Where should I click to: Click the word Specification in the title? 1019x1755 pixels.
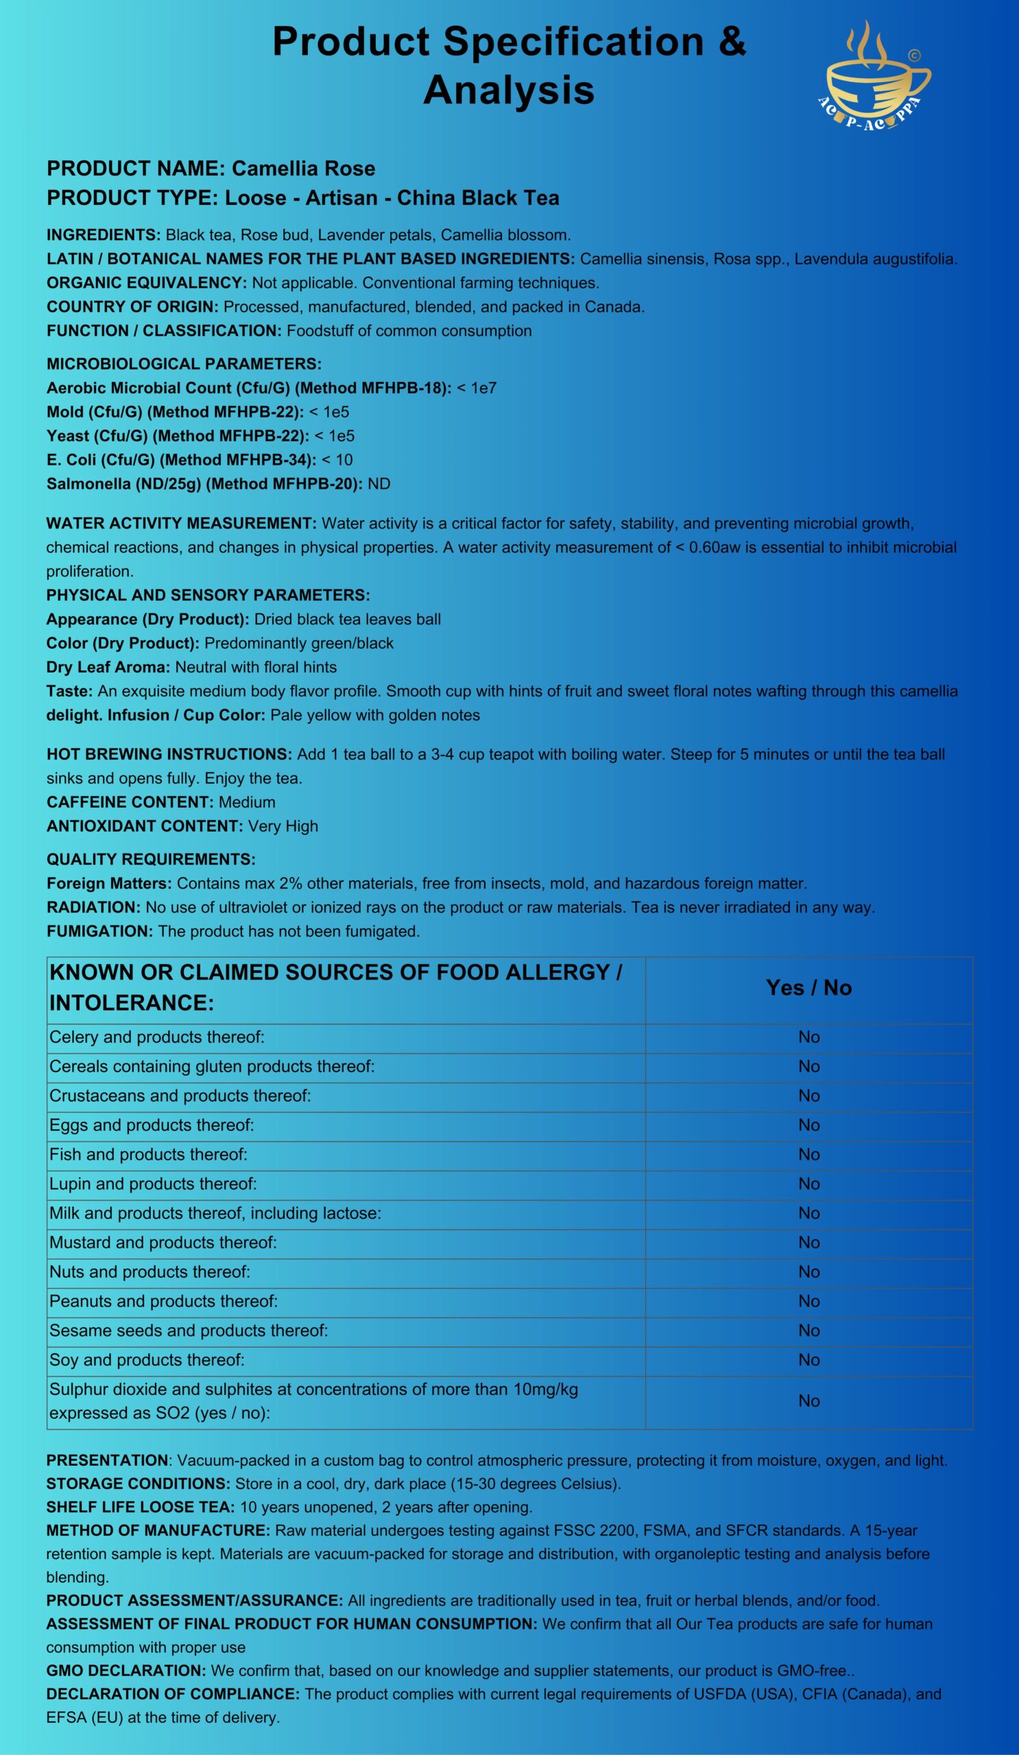click(x=573, y=42)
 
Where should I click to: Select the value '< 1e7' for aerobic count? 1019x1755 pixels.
click(x=477, y=388)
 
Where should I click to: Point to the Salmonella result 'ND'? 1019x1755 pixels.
click(x=379, y=484)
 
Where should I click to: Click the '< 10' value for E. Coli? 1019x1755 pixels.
click(x=337, y=459)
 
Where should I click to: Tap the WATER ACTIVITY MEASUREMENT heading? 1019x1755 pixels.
click(x=181, y=523)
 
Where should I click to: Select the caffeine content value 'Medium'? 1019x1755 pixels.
click(x=248, y=802)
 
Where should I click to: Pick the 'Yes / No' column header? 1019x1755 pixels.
click(x=808, y=988)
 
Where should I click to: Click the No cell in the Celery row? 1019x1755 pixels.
click(x=808, y=1037)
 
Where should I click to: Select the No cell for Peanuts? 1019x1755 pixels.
click(x=808, y=1301)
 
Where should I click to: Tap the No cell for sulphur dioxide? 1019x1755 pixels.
click(x=808, y=1401)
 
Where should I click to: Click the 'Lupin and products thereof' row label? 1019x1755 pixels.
click(x=153, y=1183)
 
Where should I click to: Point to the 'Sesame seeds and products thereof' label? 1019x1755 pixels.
click(x=189, y=1330)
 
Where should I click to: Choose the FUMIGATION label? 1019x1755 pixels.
click(x=99, y=931)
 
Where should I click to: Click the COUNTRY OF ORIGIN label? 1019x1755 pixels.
click(x=132, y=307)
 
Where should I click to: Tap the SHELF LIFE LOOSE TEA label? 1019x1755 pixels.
click(x=140, y=1507)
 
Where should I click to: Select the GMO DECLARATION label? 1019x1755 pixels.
click(x=125, y=1670)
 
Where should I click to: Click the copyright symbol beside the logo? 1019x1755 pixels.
click(x=914, y=55)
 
